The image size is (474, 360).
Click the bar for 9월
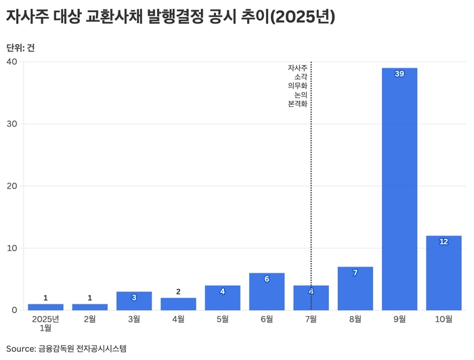[x=400, y=189]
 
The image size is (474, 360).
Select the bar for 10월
[x=444, y=273]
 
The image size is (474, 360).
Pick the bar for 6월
[x=267, y=292]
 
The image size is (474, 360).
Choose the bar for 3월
[x=134, y=301]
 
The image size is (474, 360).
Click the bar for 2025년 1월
[x=45, y=307]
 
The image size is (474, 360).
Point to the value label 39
[x=400, y=74]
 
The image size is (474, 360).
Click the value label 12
[x=444, y=242]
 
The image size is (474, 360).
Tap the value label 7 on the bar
[x=355, y=273]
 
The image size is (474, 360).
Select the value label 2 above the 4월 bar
[x=178, y=292]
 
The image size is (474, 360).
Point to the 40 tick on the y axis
[x=12, y=62]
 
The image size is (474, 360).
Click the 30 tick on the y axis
[x=12, y=124]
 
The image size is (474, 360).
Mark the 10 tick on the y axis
[x=12, y=248]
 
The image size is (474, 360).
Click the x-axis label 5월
[x=222, y=319]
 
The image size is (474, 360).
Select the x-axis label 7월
[x=311, y=319]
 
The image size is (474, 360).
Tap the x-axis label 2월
[x=89, y=319]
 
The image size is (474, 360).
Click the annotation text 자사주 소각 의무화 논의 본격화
[x=298, y=86]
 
